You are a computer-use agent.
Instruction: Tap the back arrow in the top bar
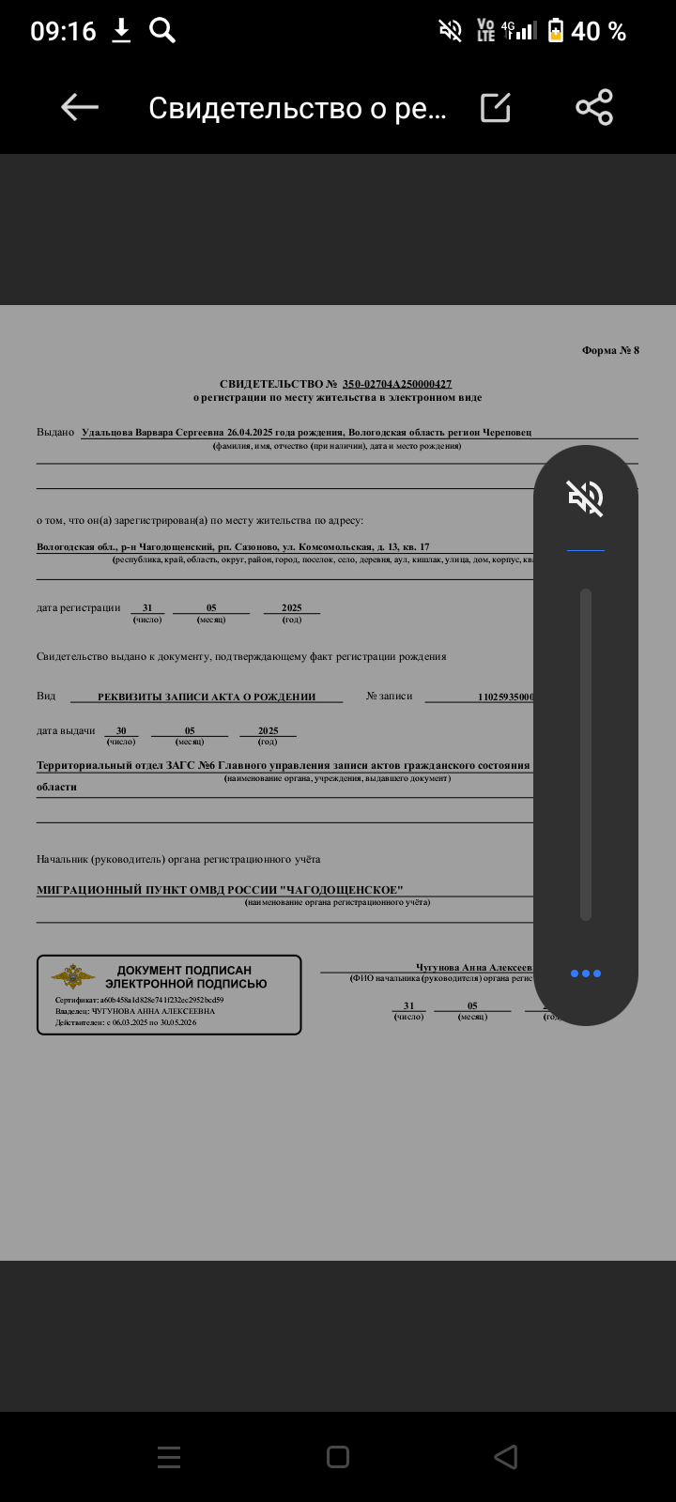(80, 108)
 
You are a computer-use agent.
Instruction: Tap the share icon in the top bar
(594, 108)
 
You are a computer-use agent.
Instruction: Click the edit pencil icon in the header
(496, 108)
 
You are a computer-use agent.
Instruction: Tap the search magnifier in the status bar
(162, 31)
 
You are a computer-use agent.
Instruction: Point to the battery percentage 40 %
(598, 32)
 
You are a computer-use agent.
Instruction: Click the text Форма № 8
(610, 350)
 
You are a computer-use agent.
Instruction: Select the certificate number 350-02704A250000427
(397, 384)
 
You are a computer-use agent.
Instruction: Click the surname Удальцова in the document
(107, 433)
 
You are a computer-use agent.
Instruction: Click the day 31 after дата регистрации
(147, 607)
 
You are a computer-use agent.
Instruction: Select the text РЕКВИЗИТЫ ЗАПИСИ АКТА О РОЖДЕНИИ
(207, 697)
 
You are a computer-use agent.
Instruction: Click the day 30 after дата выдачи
(121, 730)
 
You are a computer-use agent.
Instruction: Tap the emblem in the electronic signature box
(72, 976)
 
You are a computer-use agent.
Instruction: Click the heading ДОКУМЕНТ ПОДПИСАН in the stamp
(184, 970)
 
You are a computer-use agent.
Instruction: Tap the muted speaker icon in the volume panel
(585, 497)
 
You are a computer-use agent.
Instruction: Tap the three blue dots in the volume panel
(585, 973)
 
